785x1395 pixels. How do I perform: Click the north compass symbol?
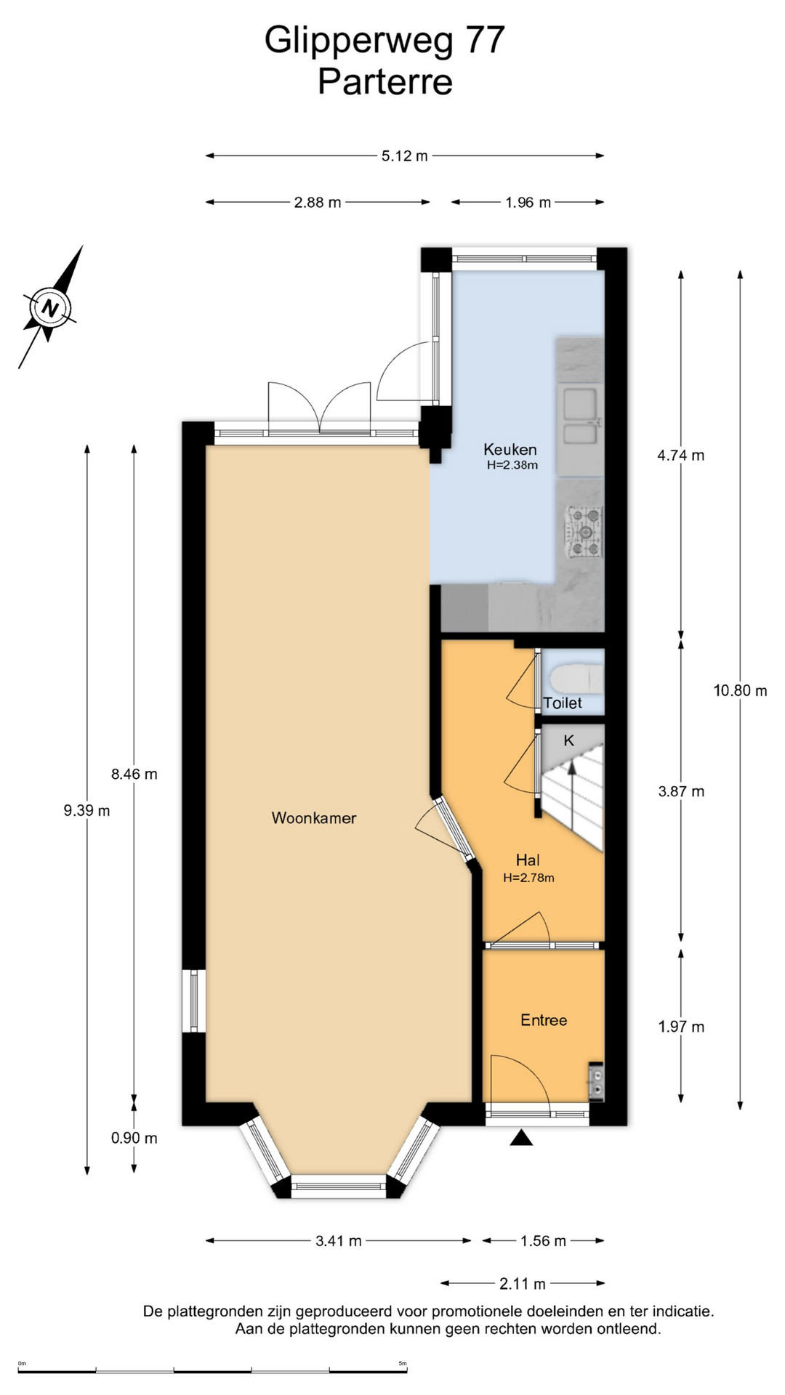49,307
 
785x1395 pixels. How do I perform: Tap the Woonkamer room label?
314,818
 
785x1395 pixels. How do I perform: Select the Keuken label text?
510,450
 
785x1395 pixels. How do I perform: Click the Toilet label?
563,703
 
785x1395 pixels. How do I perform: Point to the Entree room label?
544,1020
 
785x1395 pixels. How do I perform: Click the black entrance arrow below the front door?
521,1138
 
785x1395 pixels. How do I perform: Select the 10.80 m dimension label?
740,691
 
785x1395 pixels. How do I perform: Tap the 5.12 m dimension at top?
405,155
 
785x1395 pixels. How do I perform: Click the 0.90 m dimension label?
134,1138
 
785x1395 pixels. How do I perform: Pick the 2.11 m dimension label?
523,1284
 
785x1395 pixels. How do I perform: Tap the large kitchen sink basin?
579,404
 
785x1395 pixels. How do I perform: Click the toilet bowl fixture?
577,681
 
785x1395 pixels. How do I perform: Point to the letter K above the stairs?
569,740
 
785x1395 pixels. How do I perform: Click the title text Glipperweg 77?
385,40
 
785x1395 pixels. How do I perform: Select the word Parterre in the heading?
385,81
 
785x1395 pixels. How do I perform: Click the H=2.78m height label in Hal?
528,878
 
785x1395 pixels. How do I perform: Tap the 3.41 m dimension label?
339,1241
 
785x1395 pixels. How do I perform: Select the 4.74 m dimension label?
681,456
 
